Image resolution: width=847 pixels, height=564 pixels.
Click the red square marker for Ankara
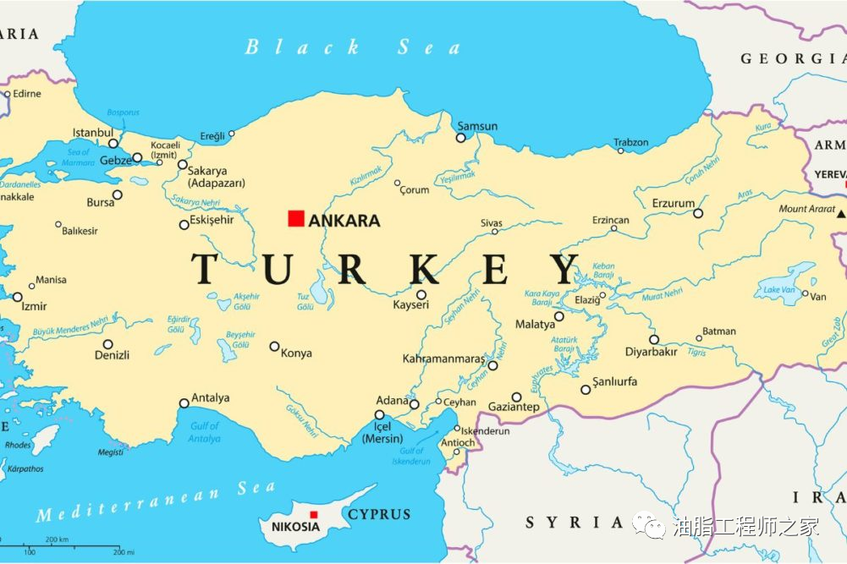[x=295, y=219]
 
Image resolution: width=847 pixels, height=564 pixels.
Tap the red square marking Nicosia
[x=313, y=514]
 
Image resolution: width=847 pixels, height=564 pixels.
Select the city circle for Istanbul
[x=113, y=144]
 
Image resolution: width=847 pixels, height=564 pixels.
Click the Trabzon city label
[x=630, y=143]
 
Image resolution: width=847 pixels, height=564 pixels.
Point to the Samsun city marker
[x=461, y=138]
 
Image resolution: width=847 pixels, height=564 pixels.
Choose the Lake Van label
[x=779, y=290]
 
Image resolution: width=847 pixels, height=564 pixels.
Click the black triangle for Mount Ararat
[x=840, y=215]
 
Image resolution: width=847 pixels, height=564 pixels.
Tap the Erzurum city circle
[x=698, y=213]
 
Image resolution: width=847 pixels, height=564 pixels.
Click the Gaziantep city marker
[x=516, y=397]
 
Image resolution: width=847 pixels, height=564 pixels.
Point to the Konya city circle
[x=274, y=346]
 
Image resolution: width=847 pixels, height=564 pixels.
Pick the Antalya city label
[x=210, y=398]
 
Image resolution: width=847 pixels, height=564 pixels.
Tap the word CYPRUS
[x=379, y=514]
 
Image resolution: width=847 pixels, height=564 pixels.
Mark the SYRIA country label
[x=575, y=522]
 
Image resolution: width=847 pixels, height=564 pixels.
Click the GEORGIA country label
[x=792, y=58]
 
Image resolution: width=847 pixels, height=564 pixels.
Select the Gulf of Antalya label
[x=205, y=432]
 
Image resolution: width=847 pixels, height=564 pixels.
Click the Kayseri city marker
[x=421, y=295]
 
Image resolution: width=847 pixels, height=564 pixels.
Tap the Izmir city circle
[x=18, y=297]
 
